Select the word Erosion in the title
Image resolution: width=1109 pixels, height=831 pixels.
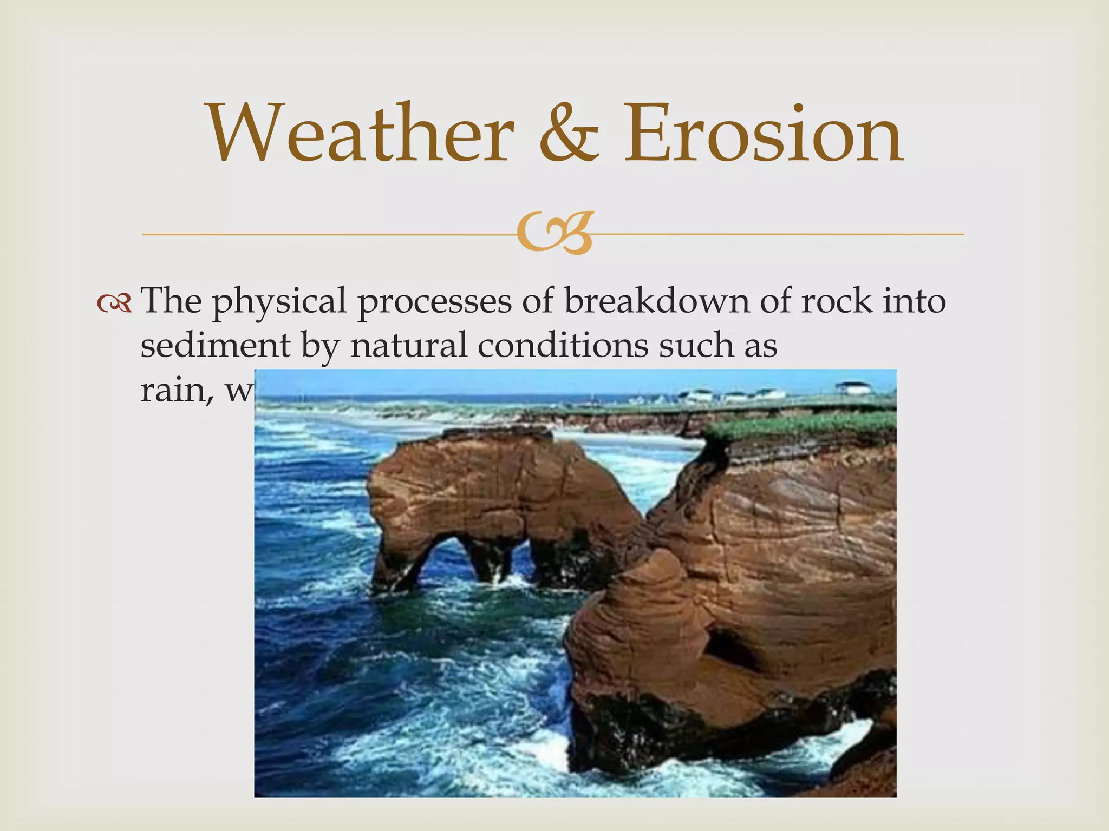(x=764, y=134)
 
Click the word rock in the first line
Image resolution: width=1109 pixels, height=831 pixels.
(x=837, y=301)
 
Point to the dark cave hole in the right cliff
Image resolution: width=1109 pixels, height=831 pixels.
(x=731, y=649)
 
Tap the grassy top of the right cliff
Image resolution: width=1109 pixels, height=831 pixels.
(x=801, y=425)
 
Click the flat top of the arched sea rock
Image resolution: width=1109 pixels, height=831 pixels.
(x=495, y=433)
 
